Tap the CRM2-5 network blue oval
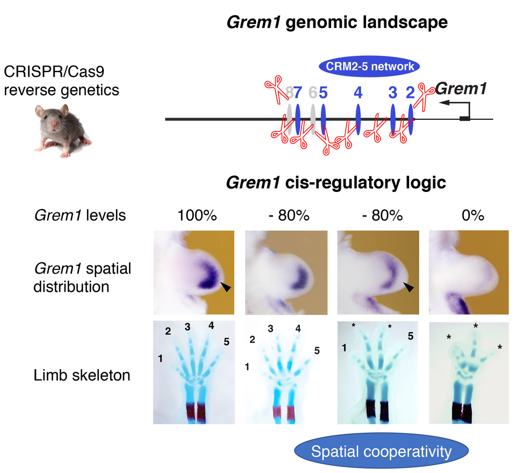tap(369, 67)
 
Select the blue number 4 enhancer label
tap(358, 93)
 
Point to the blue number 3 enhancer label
tap(393, 93)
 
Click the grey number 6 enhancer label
tap(312, 93)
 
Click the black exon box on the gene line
tap(465, 118)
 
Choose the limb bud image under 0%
tap(468, 272)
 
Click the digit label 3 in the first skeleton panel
tap(188, 327)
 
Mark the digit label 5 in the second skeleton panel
tap(317, 350)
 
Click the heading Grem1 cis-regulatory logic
tap(336, 183)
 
